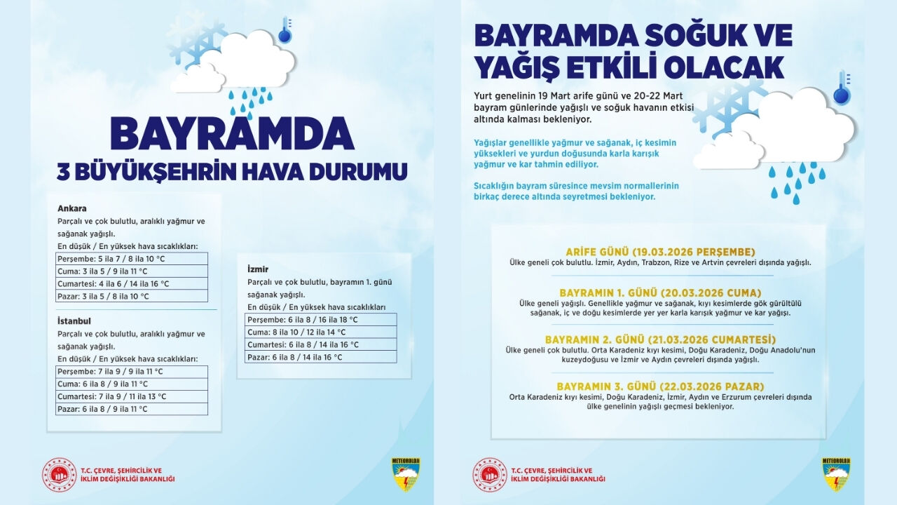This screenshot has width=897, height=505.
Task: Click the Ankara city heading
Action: [72, 208]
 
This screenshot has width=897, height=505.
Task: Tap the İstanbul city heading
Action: [74, 321]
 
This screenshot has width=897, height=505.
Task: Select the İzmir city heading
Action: [258, 269]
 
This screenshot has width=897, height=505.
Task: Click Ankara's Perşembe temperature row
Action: [132, 259]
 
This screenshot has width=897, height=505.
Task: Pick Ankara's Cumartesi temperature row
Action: [132, 284]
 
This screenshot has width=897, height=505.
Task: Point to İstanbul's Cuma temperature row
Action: [132, 384]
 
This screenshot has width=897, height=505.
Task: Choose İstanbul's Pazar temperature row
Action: [132, 409]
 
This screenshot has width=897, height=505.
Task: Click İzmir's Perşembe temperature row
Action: [321, 319]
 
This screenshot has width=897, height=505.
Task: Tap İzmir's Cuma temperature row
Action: [321, 332]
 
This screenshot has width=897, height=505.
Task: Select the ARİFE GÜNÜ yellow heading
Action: [659, 252]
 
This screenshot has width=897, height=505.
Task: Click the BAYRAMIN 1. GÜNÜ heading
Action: [659, 292]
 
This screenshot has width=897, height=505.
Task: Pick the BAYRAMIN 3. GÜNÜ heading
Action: [659, 386]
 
